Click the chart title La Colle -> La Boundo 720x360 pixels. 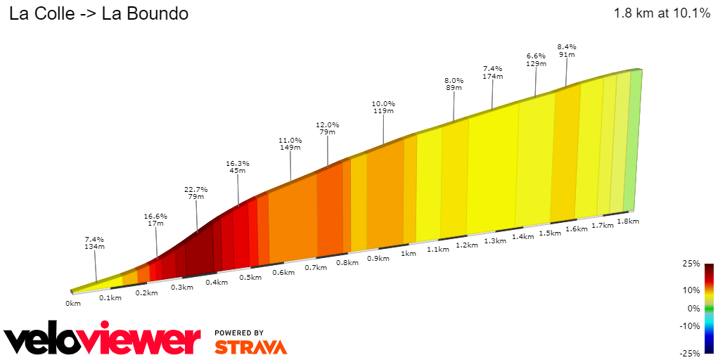click(98, 13)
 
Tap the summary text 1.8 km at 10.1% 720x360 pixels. click(662, 13)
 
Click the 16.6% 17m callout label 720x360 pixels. click(155, 220)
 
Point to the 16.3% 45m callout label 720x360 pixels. click(238, 167)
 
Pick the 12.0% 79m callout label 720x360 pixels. click(327, 128)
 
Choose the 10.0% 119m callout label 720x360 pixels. click(383, 107)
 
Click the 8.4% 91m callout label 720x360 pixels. click(566, 51)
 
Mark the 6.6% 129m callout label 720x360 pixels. click(536, 60)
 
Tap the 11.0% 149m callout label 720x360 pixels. click(290, 144)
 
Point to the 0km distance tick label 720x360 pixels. click(73, 303)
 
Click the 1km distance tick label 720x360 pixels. click(409, 254)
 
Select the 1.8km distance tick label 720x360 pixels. click(627, 221)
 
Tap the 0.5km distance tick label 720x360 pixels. click(250, 277)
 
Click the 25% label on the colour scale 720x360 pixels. click(691, 264)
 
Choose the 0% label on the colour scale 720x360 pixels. click(693, 309)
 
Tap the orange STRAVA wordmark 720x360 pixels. click(250, 347)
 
